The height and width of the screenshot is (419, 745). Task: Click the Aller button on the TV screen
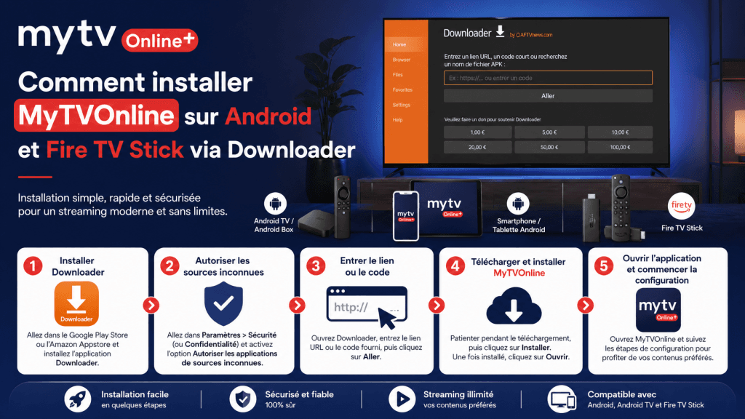548,95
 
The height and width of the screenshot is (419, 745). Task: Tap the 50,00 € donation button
548,147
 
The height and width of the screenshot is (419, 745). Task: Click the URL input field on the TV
548,78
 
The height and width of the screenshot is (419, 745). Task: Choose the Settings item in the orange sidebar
402,105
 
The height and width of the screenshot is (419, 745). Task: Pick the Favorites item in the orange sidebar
402,89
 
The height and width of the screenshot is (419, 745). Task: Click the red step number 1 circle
33,266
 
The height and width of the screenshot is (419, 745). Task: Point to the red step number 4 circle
455,266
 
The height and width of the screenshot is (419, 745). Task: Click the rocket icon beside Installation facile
77,399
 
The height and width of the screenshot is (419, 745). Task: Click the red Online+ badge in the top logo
159,40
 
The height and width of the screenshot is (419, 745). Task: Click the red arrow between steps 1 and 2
151,306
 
